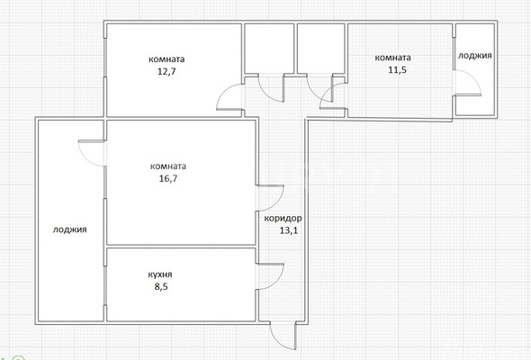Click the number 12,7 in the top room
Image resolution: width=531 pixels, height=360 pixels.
[166, 71]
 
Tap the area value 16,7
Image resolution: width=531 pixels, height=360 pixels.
[168, 178]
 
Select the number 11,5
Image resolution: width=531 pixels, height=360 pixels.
[397, 70]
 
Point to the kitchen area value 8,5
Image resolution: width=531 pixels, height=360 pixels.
[161, 286]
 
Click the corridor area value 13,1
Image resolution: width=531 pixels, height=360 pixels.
[289, 230]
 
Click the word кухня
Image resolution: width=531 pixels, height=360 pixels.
[160, 274]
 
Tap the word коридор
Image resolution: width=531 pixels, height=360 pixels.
[283, 219]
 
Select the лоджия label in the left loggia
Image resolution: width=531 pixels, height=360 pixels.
[70, 229]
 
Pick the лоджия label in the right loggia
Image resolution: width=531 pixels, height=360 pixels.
[475, 56]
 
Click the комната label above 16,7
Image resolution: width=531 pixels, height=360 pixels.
[168, 166]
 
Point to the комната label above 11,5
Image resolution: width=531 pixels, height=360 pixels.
[392, 58]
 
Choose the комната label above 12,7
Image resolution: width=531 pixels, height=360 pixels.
[166, 59]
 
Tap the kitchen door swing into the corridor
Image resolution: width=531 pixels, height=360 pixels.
[277, 281]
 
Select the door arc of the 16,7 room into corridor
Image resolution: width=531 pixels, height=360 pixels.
[277, 202]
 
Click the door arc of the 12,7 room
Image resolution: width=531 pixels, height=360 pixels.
[224, 92]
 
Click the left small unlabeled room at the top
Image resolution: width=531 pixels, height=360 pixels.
[269, 48]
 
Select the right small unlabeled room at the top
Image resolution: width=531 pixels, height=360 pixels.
[321, 48]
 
